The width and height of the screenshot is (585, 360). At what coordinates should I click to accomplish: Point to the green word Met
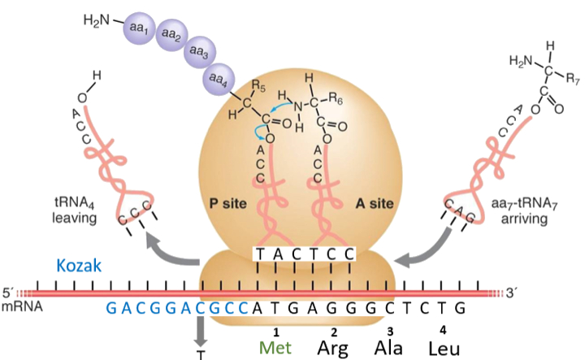tap(275, 347)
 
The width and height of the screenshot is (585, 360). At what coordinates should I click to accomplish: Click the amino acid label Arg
tap(332, 347)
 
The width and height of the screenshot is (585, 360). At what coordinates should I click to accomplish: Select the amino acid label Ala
tap(389, 347)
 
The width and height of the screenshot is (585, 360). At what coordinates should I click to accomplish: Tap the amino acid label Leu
tap(444, 347)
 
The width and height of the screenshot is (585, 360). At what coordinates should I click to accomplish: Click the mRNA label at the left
tap(16, 307)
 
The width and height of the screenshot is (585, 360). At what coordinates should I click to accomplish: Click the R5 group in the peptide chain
tap(261, 84)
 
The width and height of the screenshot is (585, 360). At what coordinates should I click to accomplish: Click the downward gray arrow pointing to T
tap(199, 332)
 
